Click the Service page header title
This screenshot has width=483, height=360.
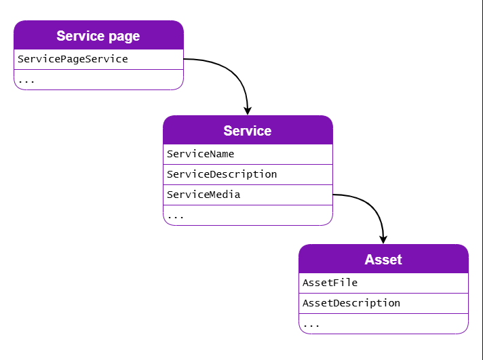click(98, 36)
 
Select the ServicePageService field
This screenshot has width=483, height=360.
click(73, 59)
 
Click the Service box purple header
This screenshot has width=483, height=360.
click(248, 130)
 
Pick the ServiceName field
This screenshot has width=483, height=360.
click(200, 154)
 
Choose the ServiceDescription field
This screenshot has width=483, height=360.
click(222, 174)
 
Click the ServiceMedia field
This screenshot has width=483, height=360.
click(204, 195)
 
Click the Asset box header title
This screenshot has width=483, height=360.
click(383, 260)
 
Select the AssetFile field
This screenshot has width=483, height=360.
click(330, 283)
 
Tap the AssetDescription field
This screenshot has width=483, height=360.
click(351, 303)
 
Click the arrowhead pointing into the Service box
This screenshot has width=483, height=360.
click(248, 110)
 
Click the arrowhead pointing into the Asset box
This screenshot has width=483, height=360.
click(383, 239)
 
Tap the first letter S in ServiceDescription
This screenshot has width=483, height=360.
click(170, 174)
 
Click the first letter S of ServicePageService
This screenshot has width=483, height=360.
click(21, 59)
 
